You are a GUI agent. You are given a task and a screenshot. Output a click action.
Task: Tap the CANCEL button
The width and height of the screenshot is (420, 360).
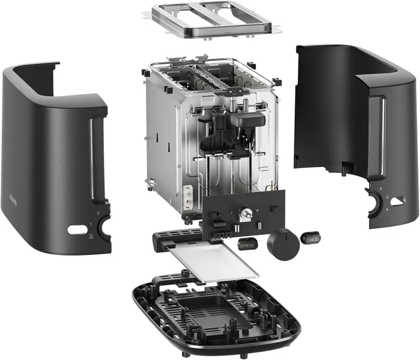coord(311,238)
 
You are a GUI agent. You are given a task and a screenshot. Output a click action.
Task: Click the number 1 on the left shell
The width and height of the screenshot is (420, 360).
coord(90,224)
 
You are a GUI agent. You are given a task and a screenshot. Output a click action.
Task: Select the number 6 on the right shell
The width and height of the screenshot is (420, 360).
coord(387,208)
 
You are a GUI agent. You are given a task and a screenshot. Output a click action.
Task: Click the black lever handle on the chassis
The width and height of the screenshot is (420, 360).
coord(245,120)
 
